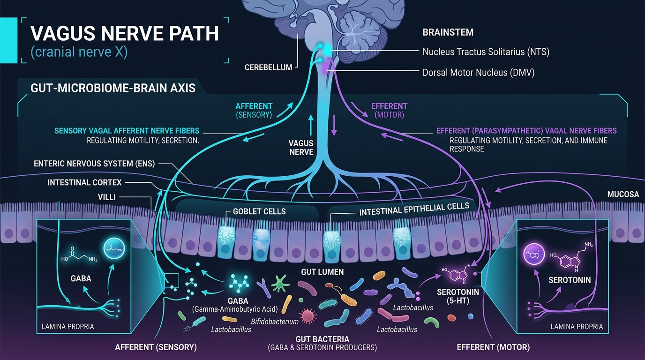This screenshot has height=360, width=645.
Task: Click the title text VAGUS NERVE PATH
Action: click(x=124, y=33)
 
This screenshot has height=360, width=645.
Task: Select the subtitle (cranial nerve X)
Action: click(x=79, y=52)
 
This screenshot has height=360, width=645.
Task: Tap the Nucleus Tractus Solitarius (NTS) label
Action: click(x=486, y=52)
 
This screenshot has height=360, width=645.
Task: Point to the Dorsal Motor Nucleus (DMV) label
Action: click(x=478, y=72)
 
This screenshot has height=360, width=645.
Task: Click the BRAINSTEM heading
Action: click(x=448, y=32)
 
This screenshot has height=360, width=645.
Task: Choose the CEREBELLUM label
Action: click(x=268, y=67)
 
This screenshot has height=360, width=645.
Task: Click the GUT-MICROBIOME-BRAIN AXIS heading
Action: click(x=113, y=88)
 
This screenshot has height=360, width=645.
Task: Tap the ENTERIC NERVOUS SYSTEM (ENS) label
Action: click(x=94, y=164)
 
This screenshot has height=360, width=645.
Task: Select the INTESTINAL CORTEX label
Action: click(x=84, y=182)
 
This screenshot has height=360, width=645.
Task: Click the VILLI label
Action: click(x=106, y=197)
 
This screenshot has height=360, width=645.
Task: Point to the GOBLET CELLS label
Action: click(x=259, y=211)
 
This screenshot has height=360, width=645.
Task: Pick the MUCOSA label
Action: click(x=623, y=195)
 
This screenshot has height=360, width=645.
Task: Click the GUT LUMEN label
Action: click(x=322, y=271)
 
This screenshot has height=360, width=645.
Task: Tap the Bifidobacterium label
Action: click(x=275, y=322)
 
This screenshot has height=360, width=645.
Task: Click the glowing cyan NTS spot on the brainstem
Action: click(x=327, y=50)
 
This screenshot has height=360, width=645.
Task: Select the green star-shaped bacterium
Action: click(x=280, y=284)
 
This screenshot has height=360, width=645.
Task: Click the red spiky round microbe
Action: click(x=307, y=316)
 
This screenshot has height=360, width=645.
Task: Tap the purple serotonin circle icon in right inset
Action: click(x=534, y=254)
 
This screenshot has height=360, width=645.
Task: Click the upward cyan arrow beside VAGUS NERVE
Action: click(x=311, y=125)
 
